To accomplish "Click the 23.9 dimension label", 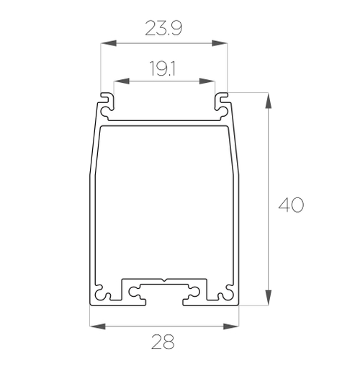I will click(163, 29).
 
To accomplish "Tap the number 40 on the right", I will click(291, 205).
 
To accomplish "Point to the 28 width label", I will click(164, 344).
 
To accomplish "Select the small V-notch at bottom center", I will click(164, 280).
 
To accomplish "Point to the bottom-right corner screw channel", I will click(228, 295).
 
